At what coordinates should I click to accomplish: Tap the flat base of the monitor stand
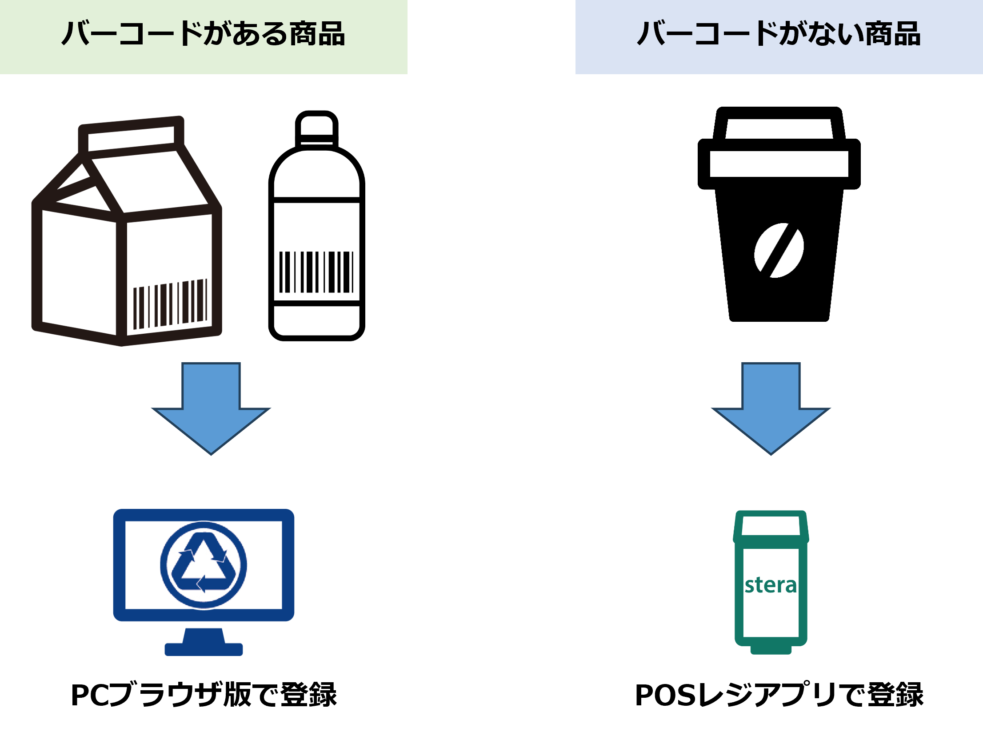pyautogui.click(x=204, y=649)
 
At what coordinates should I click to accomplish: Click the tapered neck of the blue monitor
pyautogui.click(x=204, y=635)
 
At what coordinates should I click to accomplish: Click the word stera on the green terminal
pyautogui.click(x=771, y=585)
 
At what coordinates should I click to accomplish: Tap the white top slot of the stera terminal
pyautogui.click(x=771, y=526)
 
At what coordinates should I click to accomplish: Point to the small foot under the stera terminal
pyautogui.click(x=771, y=650)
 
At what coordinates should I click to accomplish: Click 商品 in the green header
pyautogui.click(x=317, y=34)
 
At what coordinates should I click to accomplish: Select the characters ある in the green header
pyautogui.click(x=260, y=34)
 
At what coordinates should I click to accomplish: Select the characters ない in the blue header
pyautogui.click(x=835, y=34)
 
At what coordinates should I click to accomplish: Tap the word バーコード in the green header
pyautogui.click(x=132, y=34)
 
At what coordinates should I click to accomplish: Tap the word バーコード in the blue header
pyautogui.click(x=707, y=34)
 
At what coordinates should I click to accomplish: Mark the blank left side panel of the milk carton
pyautogui.click(x=79, y=271)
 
